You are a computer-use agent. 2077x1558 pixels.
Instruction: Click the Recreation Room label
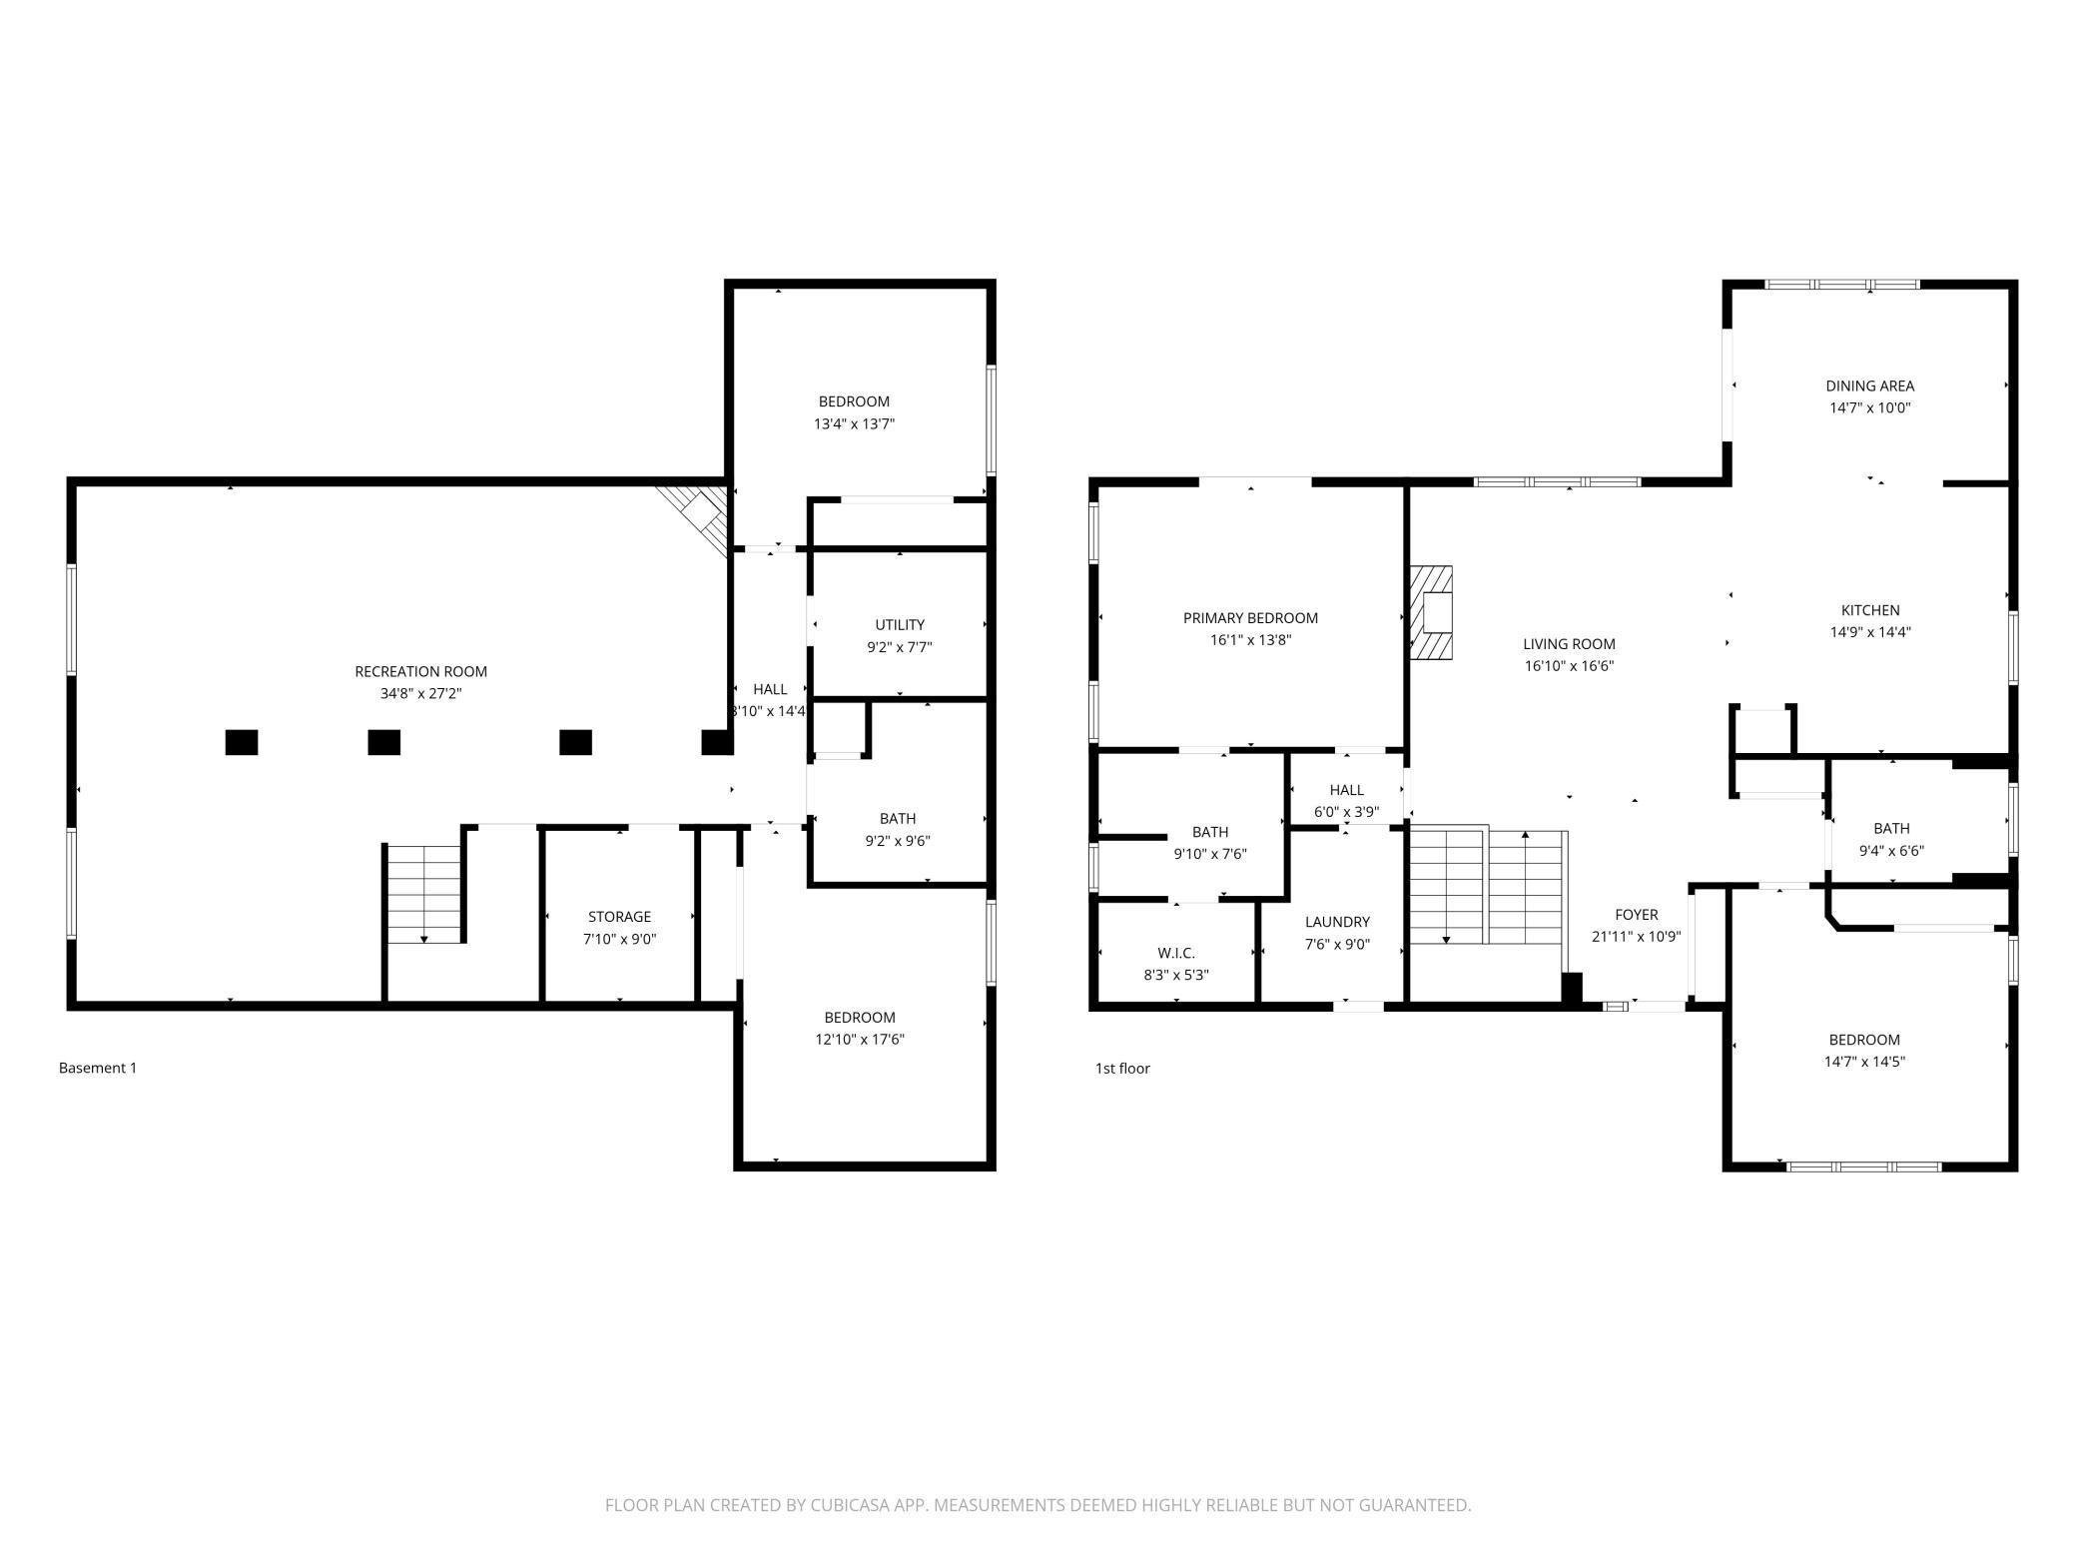pyautogui.click(x=420, y=671)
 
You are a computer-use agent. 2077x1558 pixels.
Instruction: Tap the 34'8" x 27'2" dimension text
pyautogui.click(x=420, y=693)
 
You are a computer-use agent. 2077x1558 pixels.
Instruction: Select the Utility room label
pyautogui.click(x=900, y=625)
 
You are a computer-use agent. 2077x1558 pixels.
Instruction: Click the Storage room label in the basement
pyautogui.click(x=619, y=917)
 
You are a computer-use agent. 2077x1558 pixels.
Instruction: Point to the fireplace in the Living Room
pyautogui.click(x=1432, y=612)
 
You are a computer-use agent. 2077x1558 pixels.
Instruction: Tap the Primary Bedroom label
pyautogui.click(x=1250, y=618)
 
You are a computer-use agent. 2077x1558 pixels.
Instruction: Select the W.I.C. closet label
pyautogui.click(x=1175, y=953)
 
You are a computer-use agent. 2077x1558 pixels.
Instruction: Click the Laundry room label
pyautogui.click(x=1337, y=922)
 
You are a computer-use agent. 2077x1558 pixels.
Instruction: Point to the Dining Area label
pyautogui.click(x=1869, y=386)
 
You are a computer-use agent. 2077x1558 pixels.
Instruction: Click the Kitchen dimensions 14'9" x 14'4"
pyautogui.click(x=1870, y=632)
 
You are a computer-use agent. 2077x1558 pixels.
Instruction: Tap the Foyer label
pyautogui.click(x=1636, y=915)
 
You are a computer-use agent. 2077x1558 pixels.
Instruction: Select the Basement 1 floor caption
pyautogui.click(x=98, y=1068)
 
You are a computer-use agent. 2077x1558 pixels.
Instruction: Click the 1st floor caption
pyautogui.click(x=1122, y=1069)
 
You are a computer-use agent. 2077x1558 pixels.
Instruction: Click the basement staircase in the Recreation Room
pyautogui.click(x=424, y=894)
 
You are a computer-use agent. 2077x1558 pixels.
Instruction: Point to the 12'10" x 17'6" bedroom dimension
pyautogui.click(x=859, y=1040)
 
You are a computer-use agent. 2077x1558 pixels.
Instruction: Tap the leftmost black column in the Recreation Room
pyautogui.click(x=242, y=742)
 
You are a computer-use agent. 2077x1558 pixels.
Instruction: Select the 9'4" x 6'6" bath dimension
pyautogui.click(x=1891, y=851)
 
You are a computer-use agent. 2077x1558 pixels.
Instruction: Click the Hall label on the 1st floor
pyautogui.click(x=1346, y=790)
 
